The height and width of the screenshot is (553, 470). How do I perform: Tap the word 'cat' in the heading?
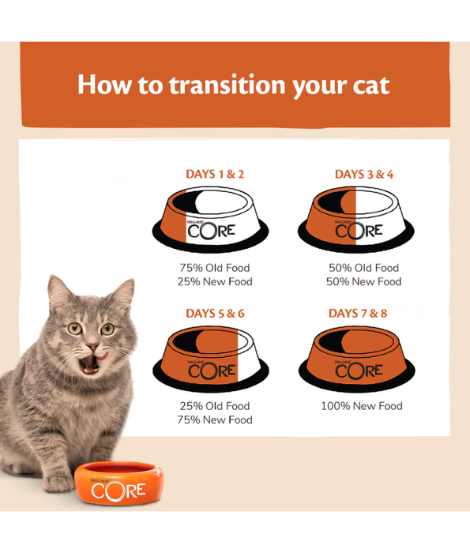(x=368, y=85)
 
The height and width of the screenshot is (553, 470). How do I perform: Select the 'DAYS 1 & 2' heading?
(x=215, y=174)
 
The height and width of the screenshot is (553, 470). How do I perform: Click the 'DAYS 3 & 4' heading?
(x=363, y=174)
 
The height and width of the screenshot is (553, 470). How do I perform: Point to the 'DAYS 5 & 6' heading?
(x=215, y=313)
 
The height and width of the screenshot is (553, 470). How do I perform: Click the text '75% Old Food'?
(x=215, y=268)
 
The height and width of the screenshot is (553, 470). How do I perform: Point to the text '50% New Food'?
(x=364, y=281)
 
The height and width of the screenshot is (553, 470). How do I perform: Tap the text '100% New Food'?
(x=361, y=406)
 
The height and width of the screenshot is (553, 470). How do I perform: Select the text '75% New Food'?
(x=215, y=419)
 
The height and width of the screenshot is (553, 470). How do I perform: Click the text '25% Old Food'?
(x=215, y=406)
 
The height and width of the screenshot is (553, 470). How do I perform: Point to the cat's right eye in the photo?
(x=108, y=326)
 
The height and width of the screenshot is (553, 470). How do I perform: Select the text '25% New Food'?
(x=215, y=281)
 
